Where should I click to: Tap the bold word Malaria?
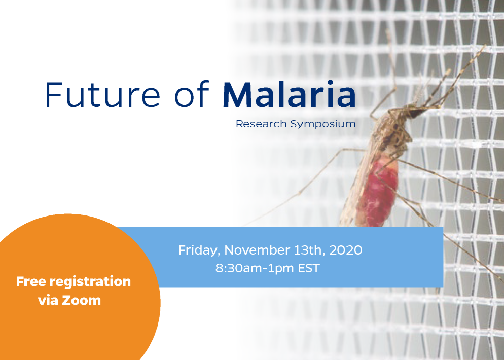click(x=290, y=94)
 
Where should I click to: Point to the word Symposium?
click(x=323, y=124)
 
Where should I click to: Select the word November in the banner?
click(x=257, y=250)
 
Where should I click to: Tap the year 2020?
click(x=346, y=250)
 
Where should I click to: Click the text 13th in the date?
click(x=309, y=250)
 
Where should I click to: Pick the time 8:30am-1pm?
click(x=255, y=268)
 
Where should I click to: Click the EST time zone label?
click(x=309, y=268)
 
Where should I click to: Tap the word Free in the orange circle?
click(x=31, y=281)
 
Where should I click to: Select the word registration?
click(x=90, y=282)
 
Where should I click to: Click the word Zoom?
click(x=81, y=300)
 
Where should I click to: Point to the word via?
click(x=48, y=300)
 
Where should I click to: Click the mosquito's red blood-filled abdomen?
click(x=376, y=193)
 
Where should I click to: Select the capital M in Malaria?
click(x=237, y=94)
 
